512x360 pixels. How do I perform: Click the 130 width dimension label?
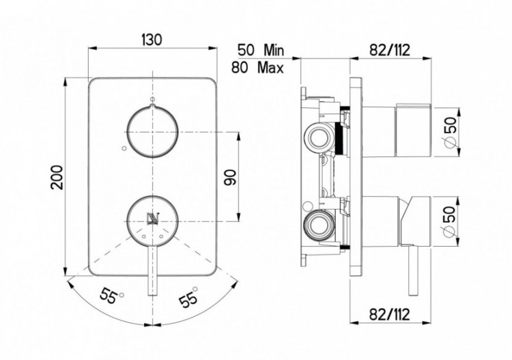(152, 40)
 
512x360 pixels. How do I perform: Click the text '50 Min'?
(259, 50)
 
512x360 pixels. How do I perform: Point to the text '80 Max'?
(259, 67)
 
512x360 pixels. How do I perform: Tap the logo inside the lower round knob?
(152, 218)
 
